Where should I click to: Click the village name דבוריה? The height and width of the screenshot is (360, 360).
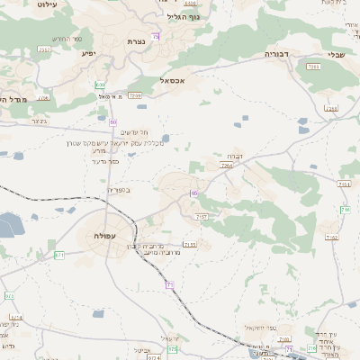click(x=274, y=54)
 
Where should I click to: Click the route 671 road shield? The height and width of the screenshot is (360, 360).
click(x=59, y=256)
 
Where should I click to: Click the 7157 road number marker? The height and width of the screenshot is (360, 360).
click(x=201, y=217)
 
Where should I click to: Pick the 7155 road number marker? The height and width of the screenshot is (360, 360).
click(x=189, y=244)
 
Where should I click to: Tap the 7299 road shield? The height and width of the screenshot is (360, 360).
click(x=135, y=94)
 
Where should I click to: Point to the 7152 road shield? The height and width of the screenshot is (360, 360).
click(x=332, y=238)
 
